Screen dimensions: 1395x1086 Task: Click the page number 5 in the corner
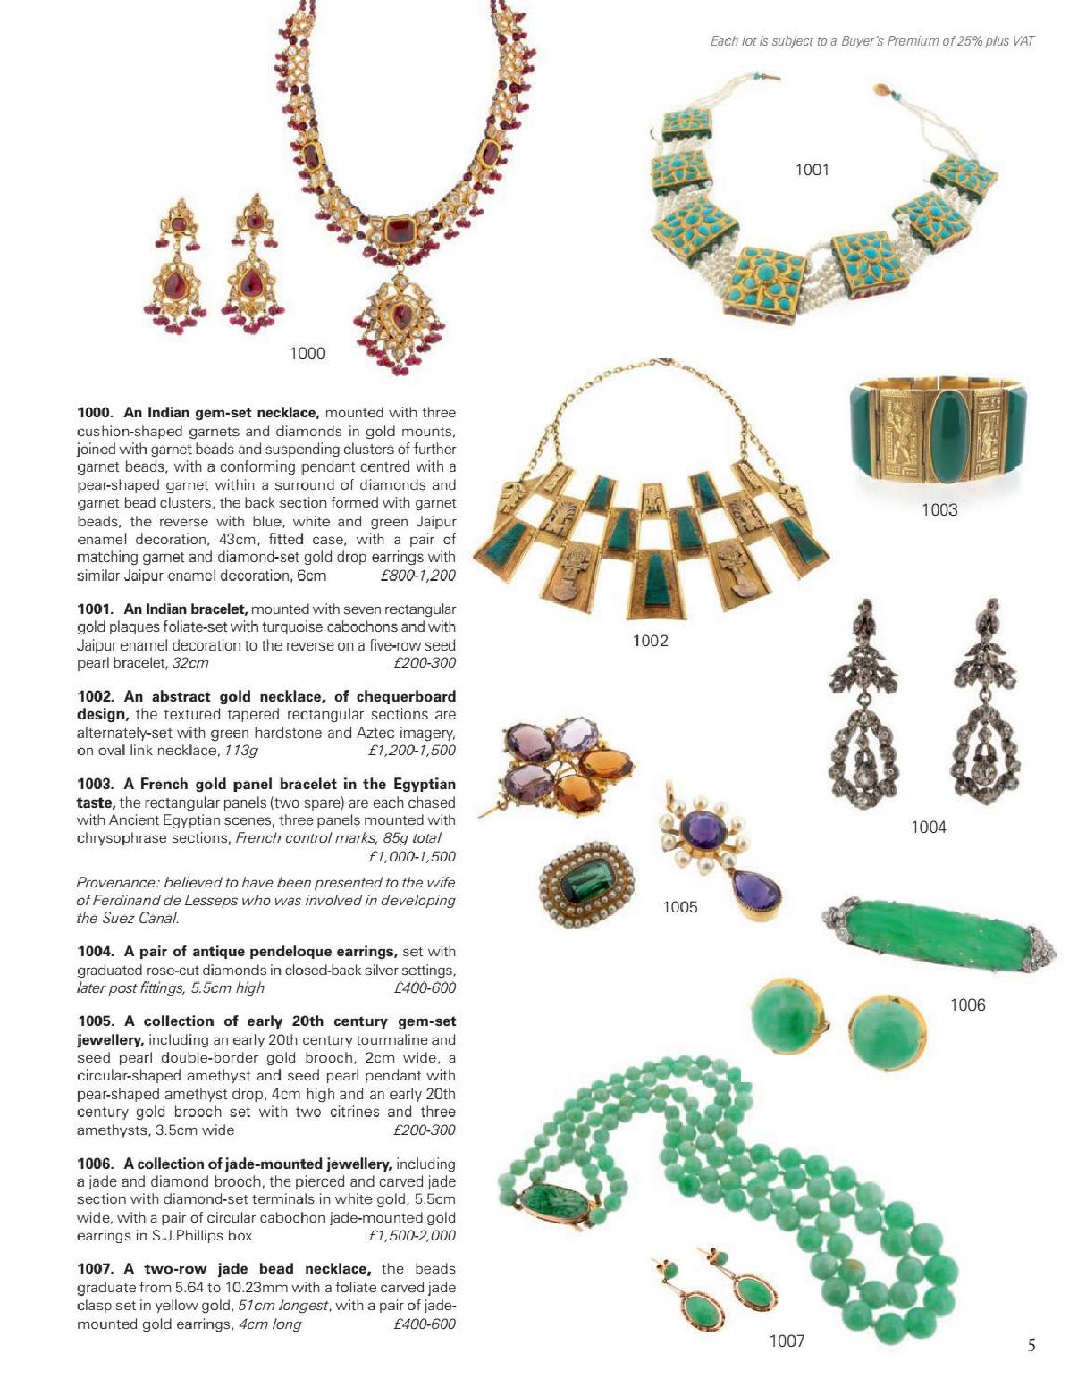tap(1031, 1345)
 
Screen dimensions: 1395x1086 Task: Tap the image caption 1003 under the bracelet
tap(939, 510)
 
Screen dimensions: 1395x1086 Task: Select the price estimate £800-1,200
tap(417, 576)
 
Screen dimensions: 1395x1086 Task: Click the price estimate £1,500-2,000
tap(411, 1236)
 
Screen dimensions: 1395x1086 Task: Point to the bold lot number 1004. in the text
tap(96, 952)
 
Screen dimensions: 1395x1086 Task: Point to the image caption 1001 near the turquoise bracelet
tap(812, 170)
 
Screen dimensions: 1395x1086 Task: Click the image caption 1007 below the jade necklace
tap(787, 1340)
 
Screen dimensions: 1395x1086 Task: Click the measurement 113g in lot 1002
tap(241, 751)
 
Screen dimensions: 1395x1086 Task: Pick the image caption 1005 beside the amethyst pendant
tap(679, 908)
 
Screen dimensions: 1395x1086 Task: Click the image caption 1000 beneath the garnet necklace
tap(307, 354)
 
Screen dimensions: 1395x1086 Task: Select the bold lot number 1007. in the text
tap(96, 1269)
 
